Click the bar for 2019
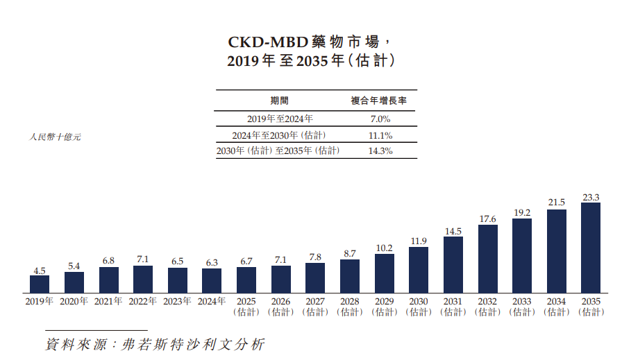pyautogui.click(x=40, y=284)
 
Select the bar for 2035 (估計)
pyautogui.click(x=591, y=248)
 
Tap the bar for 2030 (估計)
pyautogui.click(x=419, y=270)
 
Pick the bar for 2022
pyautogui.click(x=143, y=279)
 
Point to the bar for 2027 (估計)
pyautogui.click(x=315, y=277)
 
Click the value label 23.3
pyautogui.click(x=591, y=198)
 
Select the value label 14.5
pyautogui.click(x=453, y=232)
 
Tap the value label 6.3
pyautogui.click(x=212, y=263)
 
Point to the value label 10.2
pyautogui.click(x=384, y=248)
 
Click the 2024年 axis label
pyautogui.click(x=212, y=302)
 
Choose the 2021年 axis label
pyautogui.click(x=108, y=302)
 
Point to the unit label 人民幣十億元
pyautogui.click(x=56, y=137)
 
